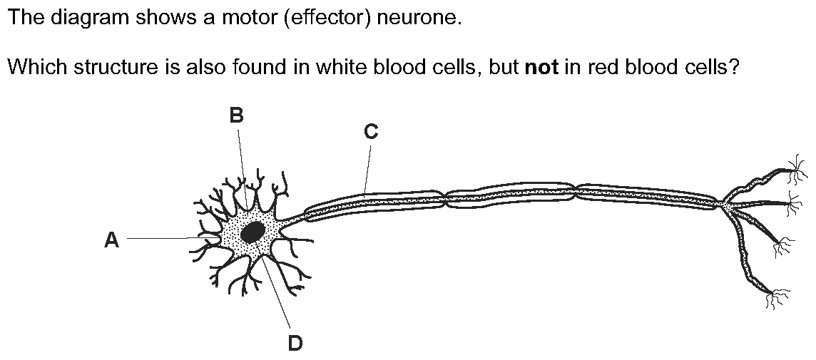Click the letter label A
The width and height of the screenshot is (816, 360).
tap(111, 240)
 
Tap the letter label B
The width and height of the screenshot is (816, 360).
tap(236, 115)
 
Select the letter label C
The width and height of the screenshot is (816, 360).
tap(370, 132)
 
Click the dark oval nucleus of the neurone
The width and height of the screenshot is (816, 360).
tap(253, 232)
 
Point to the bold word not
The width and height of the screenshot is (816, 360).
tap(542, 67)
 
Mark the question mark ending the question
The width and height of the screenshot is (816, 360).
tap(733, 66)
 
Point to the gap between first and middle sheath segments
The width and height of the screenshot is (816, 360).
tap(446, 198)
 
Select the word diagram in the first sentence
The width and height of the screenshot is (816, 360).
tap(83, 19)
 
